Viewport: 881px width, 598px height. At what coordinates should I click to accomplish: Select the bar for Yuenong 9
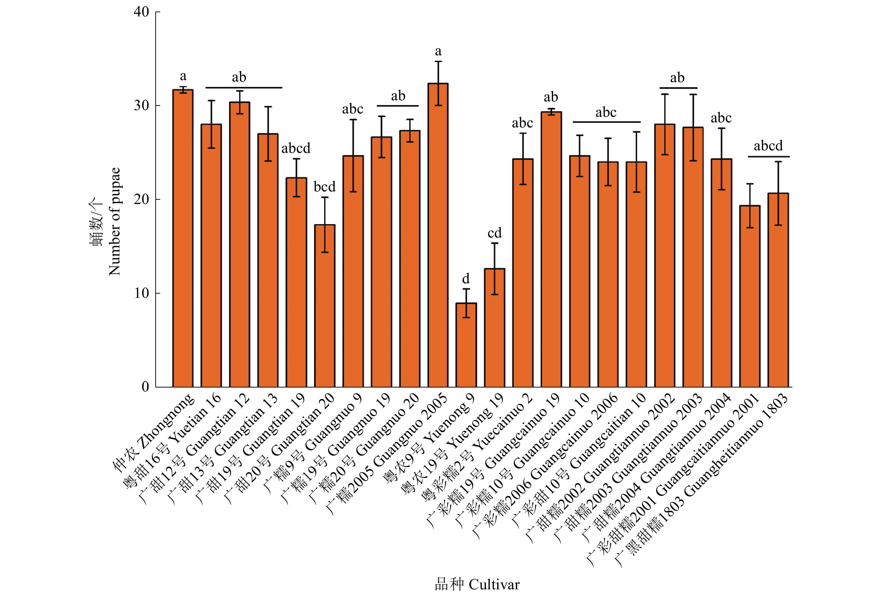(466, 345)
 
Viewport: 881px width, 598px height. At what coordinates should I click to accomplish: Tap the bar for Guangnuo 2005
(438, 235)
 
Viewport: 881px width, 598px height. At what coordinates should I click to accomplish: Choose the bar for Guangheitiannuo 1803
(778, 290)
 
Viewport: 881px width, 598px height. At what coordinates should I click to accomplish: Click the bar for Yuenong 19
(494, 328)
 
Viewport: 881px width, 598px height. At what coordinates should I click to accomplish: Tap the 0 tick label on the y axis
(145, 387)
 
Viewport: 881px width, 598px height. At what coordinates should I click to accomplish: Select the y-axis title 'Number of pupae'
(114, 222)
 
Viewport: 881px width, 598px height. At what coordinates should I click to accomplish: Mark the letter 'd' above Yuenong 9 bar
(466, 279)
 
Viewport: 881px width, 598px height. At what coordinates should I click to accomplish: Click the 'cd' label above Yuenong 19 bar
(494, 232)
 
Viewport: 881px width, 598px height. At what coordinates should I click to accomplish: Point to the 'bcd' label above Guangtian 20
(324, 187)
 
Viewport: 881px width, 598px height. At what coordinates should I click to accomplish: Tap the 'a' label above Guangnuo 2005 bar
(438, 51)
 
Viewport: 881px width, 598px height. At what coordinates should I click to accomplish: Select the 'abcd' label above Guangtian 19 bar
(296, 148)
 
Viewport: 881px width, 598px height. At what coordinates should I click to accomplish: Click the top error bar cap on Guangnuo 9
(353, 120)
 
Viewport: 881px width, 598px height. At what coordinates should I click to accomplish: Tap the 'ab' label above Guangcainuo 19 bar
(551, 97)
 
